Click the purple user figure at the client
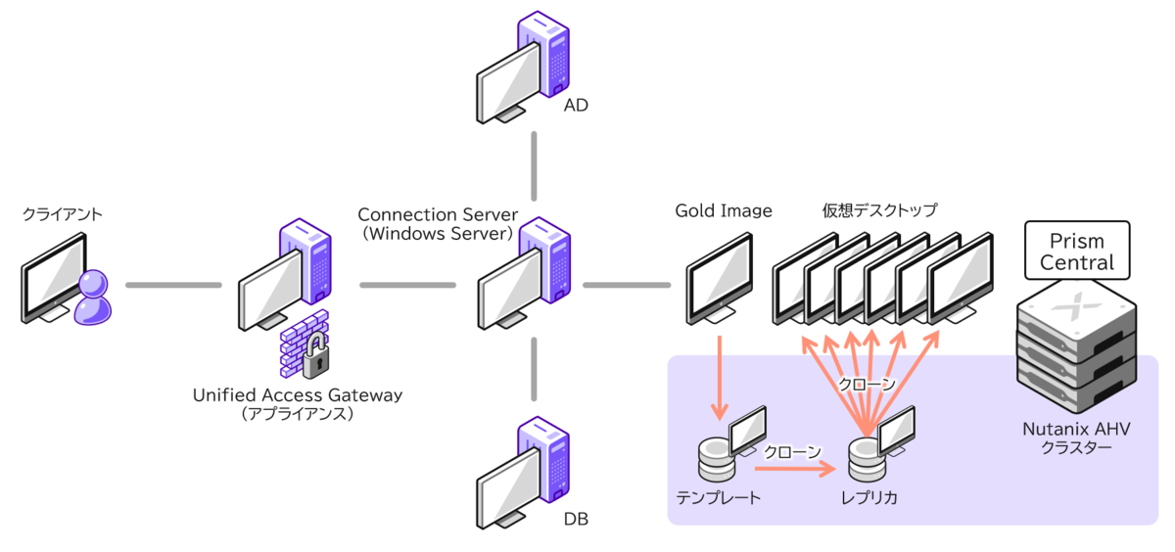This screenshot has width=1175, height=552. tap(93, 297)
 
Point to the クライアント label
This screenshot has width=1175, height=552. tap(62, 213)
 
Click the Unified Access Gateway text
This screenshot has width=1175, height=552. tap(298, 394)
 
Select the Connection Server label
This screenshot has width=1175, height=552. tap(436, 214)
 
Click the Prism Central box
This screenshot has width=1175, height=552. tap(1077, 252)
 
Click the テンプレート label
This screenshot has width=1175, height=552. tap(720, 497)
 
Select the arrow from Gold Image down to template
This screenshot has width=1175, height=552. tap(720, 377)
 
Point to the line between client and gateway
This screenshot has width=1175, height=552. tap(174, 286)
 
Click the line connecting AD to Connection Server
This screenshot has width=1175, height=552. tap(535, 166)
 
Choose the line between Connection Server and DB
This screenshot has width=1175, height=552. tap(535, 369)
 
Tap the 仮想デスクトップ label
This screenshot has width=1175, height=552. tap(879, 210)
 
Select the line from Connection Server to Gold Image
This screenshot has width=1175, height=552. tap(627, 286)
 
